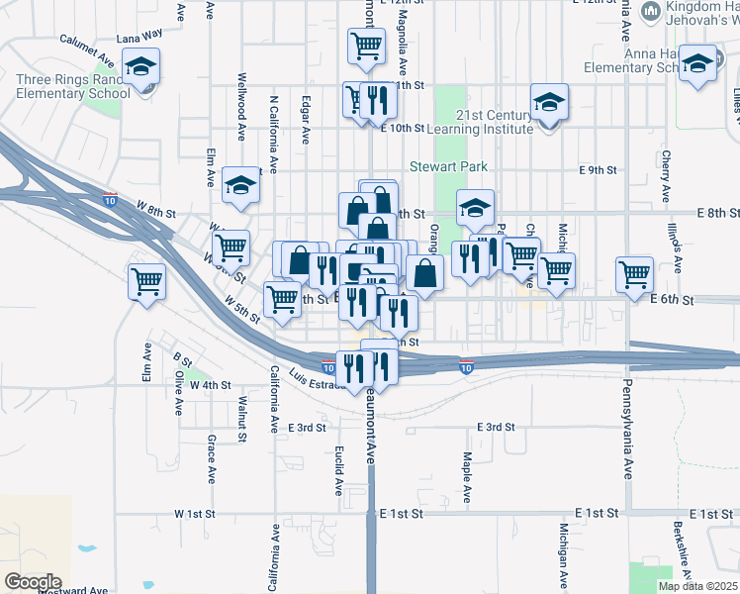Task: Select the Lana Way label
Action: tap(139, 36)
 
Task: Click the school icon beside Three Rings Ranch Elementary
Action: tap(141, 70)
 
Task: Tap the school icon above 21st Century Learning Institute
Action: tap(549, 102)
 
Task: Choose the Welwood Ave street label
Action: tap(241, 106)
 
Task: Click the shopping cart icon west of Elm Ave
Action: tap(147, 281)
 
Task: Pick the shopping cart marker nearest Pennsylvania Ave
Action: tap(634, 273)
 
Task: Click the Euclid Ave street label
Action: tap(338, 469)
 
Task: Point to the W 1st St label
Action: tap(194, 514)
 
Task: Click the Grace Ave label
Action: tap(211, 457)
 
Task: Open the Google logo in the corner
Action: tap(33, 581)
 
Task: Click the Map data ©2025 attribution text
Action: tap(696, 586)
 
